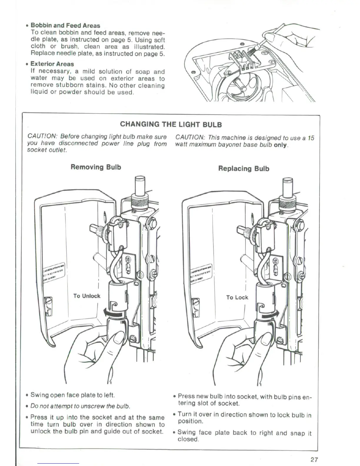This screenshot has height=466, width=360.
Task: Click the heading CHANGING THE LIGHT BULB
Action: click(171, 124)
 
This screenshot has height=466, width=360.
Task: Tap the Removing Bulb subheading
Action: click(96, 167)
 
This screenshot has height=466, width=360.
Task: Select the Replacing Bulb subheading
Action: click(244, 169)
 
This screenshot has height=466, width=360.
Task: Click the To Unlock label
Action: click(87, 296)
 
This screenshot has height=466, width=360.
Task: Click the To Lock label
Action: click(237, 297)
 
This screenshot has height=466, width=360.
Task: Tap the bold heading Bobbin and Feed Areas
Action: click(65, 26)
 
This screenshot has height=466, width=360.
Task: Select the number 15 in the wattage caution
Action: click(311, 138)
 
